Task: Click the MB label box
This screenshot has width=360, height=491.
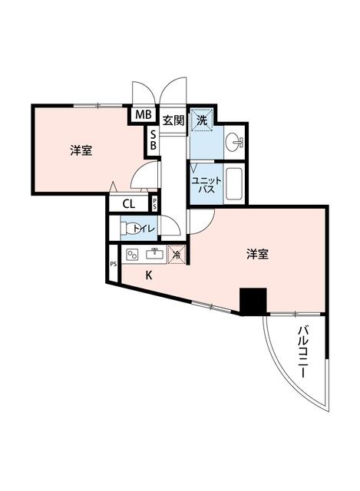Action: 143,115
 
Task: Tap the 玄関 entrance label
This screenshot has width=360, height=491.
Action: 172,119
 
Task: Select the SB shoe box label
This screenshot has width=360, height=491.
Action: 153,140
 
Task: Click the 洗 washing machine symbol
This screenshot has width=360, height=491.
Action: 201,120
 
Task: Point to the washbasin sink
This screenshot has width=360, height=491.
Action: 234,142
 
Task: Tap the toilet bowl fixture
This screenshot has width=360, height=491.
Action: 125,228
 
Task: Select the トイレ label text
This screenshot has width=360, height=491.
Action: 144,228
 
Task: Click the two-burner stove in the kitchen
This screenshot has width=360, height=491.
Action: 132,255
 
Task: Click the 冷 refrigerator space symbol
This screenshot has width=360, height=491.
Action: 177,255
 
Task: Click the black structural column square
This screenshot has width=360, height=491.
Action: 252,300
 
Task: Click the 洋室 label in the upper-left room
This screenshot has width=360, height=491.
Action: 81,150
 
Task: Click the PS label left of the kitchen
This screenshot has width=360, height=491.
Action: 114,264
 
